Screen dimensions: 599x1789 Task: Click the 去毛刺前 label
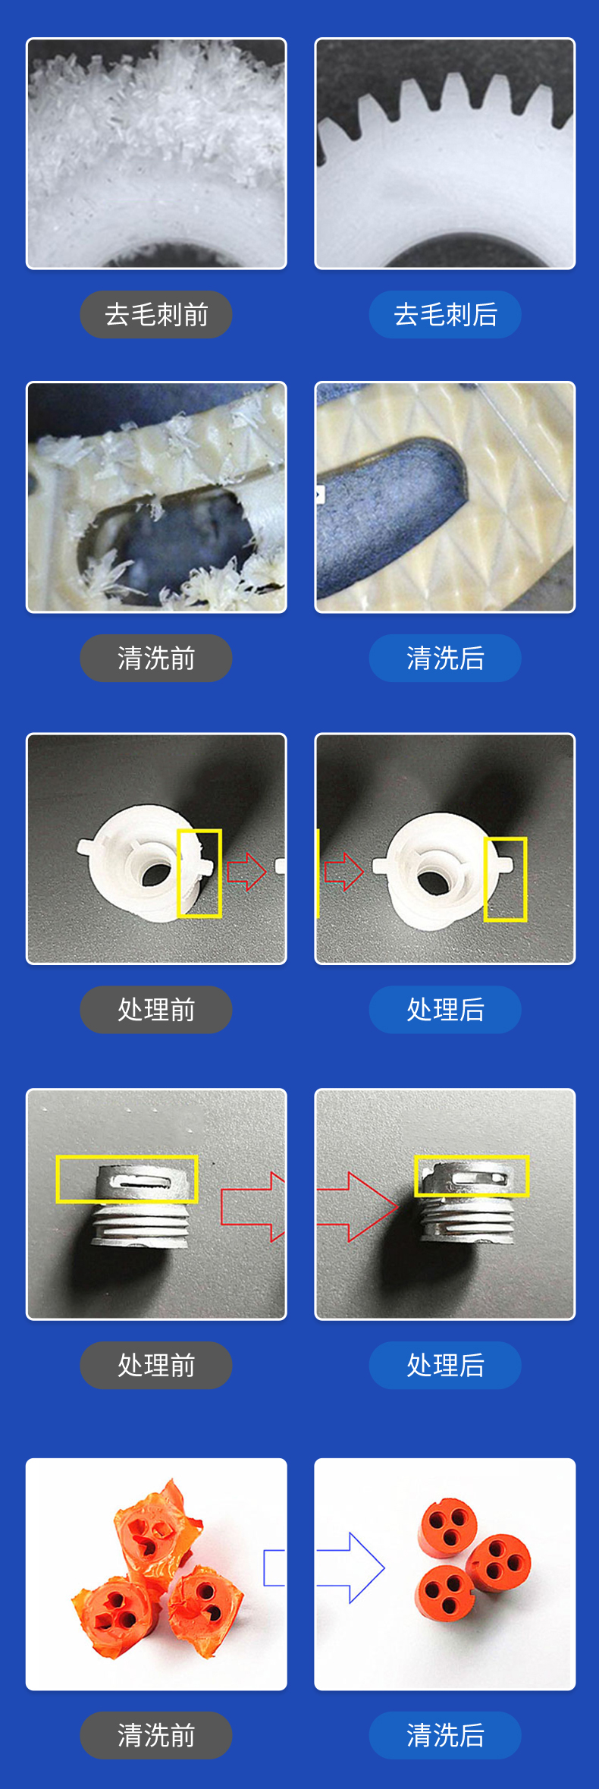coord(156,314)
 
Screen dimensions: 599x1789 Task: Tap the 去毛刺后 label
coord(445,314)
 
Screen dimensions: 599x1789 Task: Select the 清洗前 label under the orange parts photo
coord(156,1735)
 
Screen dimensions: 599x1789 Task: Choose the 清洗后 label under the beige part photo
coord(445,658)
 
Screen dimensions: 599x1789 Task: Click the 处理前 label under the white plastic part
coord(156,1009)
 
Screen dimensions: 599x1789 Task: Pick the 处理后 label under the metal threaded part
coord(445,1365)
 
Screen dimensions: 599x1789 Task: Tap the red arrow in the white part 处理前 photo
coord(246,872)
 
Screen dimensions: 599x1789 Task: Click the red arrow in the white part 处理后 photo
coord(343,871)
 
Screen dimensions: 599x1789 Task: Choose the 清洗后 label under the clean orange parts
coord(445,1735)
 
